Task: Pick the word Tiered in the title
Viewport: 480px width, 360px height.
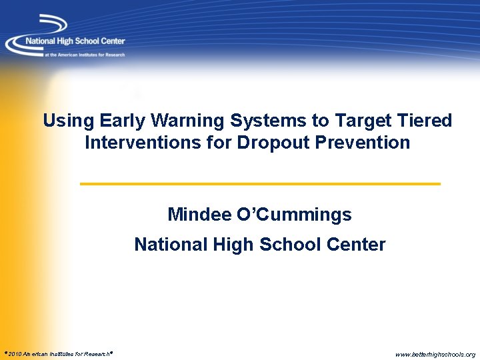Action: tap(424, 121)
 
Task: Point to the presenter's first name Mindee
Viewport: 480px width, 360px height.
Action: tap(199, 215)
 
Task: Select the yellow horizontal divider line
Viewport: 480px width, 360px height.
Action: tap(260, 183)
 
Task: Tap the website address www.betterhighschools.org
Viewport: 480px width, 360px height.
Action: tap(435, 354)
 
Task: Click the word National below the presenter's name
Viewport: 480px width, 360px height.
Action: tap(171, 245)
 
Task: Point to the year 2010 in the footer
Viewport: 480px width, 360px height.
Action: tap(14, 354)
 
